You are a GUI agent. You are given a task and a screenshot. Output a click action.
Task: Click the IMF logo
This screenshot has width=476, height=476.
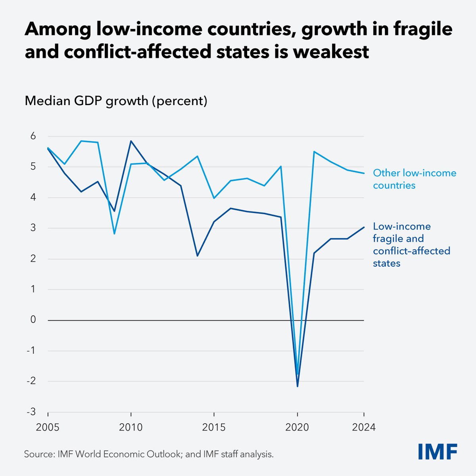tap(438, 451)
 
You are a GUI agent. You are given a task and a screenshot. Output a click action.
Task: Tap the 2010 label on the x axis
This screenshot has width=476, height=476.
tap(131, 428)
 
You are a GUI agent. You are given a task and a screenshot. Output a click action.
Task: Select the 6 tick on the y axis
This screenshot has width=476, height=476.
tap(33, 136)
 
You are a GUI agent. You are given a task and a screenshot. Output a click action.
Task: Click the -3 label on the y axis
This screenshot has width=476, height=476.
tap(31, 412)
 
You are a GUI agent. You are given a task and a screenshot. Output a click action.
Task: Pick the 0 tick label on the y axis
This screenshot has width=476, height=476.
tap(33, 320)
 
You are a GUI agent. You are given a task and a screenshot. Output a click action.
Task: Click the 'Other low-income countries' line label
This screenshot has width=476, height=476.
tap(414, 179)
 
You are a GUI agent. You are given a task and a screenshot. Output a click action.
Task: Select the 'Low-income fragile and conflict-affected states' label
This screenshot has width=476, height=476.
tap(411, 244)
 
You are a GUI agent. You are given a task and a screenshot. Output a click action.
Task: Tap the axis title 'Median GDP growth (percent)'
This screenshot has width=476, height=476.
tap(116, 101)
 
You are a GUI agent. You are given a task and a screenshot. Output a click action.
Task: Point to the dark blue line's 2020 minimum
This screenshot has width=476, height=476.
tap(297, 386)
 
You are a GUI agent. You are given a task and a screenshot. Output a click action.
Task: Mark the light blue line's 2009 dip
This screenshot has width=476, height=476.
tap(114, 234)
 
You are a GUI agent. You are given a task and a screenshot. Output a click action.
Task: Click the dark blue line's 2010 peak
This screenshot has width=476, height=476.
tap(131, 141)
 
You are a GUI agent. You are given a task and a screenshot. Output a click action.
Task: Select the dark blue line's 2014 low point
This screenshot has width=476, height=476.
tap(198, 255)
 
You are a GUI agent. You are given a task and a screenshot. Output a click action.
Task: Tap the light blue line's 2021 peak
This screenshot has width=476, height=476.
tap(314, 152)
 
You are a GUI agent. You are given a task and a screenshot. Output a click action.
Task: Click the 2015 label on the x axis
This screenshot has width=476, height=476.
tap(214, 428)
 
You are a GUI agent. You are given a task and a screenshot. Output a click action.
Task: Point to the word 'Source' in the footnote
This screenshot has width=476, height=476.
tap(38, 454)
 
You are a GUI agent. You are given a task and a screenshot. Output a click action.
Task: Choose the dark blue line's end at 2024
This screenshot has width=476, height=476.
tap(364, 227)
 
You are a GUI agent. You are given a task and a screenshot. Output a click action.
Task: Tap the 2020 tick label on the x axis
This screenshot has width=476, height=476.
tap(297, 428)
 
